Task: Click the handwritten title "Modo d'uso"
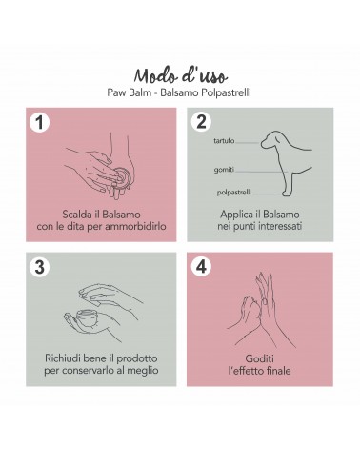tap(180, 76)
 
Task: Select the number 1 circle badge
tap(39, 122)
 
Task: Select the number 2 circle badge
tap(201, 122)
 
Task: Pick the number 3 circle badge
tap(39, 267)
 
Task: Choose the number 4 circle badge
tap(201, 266)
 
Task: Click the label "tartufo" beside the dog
tap(224, 140)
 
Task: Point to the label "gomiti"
tap(224, 170)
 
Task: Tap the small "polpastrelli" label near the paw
tap(234, 193)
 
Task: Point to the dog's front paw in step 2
tap(286, 193)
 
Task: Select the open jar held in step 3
tap(88, 317)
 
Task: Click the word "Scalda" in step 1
tap(75, 215)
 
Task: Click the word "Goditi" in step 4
tap(259, 358)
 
